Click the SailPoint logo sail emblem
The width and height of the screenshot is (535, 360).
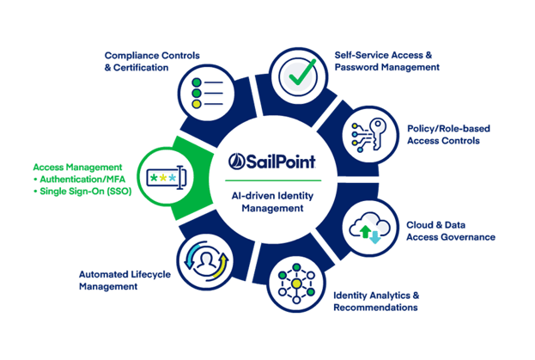(x=236, y=162)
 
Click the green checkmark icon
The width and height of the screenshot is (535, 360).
(x=302, y=72)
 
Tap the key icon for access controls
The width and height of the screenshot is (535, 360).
(x=377, y=133)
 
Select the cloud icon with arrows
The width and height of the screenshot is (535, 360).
(x=370, y=228)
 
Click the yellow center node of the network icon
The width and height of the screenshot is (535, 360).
(x=296, y=284)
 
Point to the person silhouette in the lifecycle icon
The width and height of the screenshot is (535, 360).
(x=206, y=261)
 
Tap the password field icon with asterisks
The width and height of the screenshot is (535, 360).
(x=167, y=178)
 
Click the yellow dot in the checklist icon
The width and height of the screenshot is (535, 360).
(x=197, y=104)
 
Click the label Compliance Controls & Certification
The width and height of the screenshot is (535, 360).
(x=152, y=61)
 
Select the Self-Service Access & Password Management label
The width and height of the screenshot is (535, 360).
(x=387, y=61)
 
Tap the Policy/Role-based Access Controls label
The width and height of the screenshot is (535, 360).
(x=448, y=134)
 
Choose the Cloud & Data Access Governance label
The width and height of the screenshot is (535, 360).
(x=451, y=230)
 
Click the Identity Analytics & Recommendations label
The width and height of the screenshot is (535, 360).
(x=376, y=302)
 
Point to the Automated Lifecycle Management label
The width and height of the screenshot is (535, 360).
(x=125, y=280)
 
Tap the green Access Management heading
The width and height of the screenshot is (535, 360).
(x=77, y=167)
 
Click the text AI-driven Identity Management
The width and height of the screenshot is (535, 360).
(x=272, y=202)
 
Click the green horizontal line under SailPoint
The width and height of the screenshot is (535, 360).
(x=273, y=180)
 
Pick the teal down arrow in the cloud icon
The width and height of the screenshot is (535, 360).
(x=375, y=237)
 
